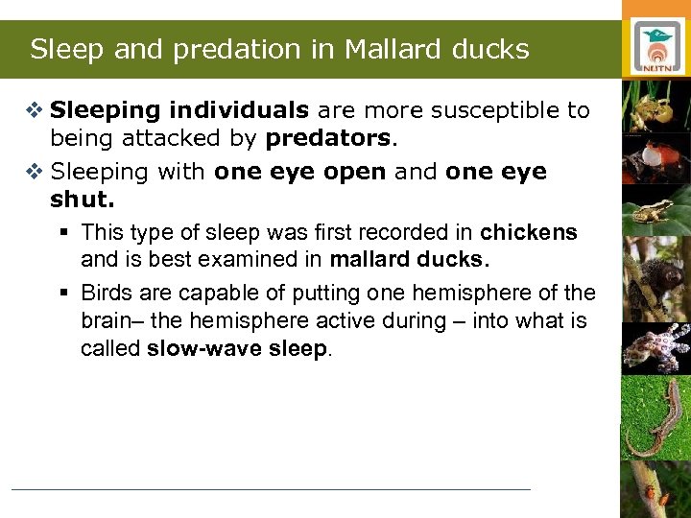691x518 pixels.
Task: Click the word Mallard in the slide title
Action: (x=400, y=49)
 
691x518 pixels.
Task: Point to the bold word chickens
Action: (x=529, y=232)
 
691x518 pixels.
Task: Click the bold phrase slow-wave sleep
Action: (x=237, y=348)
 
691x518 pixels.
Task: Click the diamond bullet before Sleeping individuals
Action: (x=35, y=111)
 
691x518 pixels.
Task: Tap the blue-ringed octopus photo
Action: (x=656, y=346)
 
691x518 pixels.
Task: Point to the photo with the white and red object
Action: (x=656, y=154)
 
